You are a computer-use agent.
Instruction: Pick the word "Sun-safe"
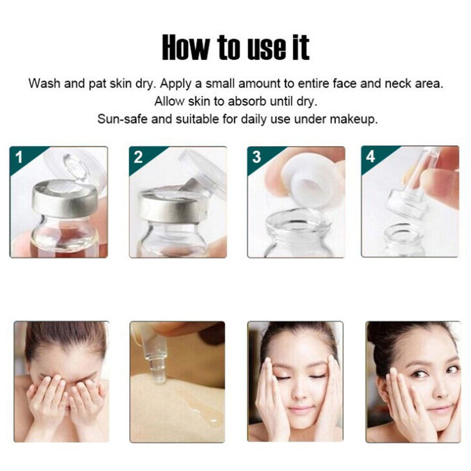click(123, 119)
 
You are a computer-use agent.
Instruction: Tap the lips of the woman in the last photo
click(438, 409)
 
